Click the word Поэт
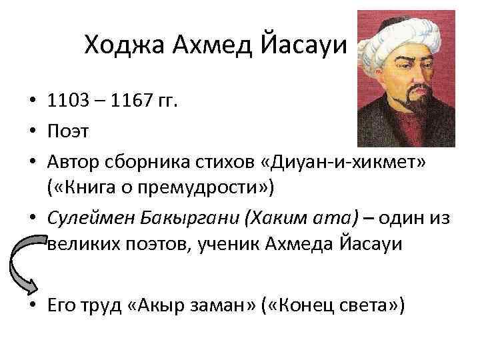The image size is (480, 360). (67, 131)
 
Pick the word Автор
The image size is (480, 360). (72, 160)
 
